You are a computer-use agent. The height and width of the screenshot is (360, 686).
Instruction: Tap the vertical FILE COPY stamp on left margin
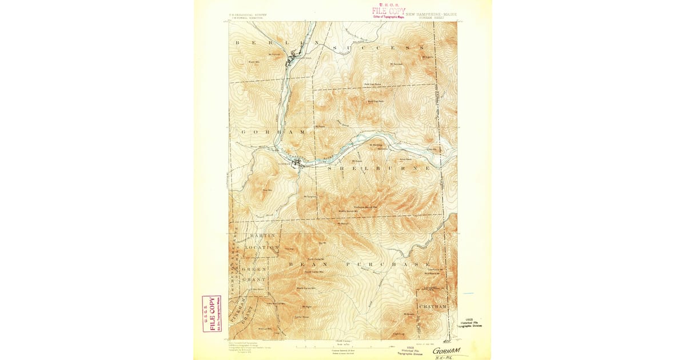tap(211, 313)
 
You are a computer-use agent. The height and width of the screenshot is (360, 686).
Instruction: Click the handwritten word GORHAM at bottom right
tap(446, 351)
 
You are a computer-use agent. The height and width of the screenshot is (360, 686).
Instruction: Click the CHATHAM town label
tap(432, 307)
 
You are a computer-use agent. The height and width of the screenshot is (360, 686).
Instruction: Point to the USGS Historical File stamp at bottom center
tap(409, 351)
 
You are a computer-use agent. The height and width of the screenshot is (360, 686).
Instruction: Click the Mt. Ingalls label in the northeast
tap(428, 57)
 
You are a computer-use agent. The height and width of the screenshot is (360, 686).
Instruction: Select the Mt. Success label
tap(396, 64)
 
